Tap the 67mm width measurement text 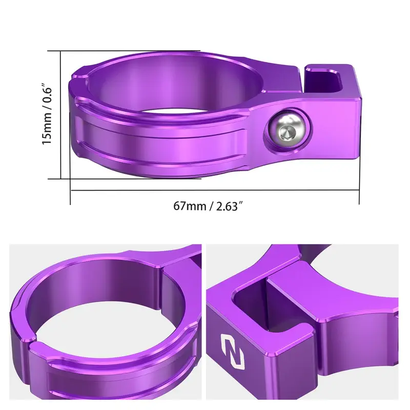[x=189, y=207]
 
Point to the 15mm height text [x=47, y=130]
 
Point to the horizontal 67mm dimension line [x=215, y=190]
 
